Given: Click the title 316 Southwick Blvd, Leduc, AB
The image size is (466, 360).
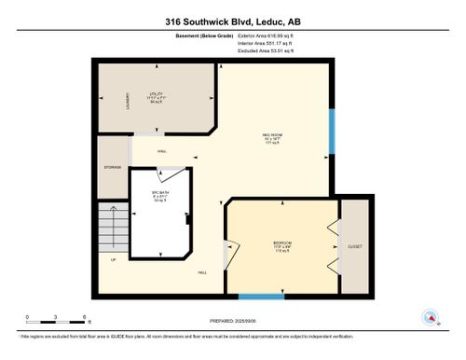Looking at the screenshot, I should click(232, 20).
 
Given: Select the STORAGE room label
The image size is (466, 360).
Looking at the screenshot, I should click(113, 169).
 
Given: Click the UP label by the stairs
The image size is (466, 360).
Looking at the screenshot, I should click(114, 259).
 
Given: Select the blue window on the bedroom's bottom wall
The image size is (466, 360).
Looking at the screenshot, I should click(261, 297).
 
